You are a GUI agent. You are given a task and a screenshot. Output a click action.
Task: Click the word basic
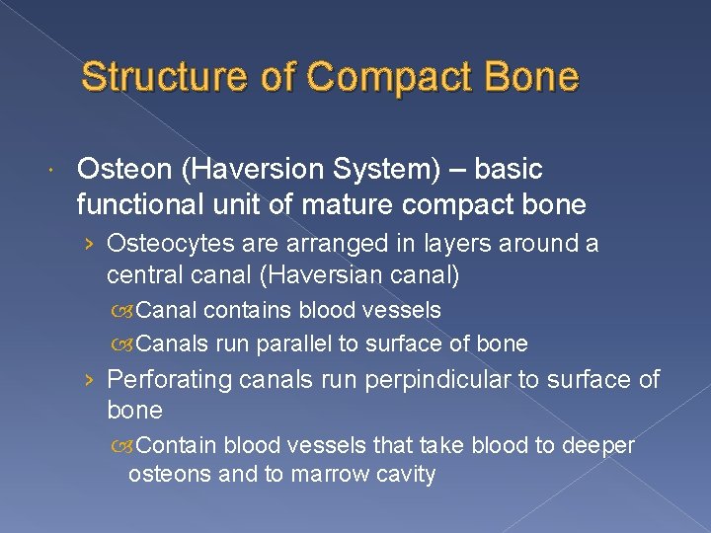pyautogui.click(x=509, y=170)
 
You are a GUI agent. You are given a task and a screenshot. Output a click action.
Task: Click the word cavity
pyautogui.click(x=405, y=475)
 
